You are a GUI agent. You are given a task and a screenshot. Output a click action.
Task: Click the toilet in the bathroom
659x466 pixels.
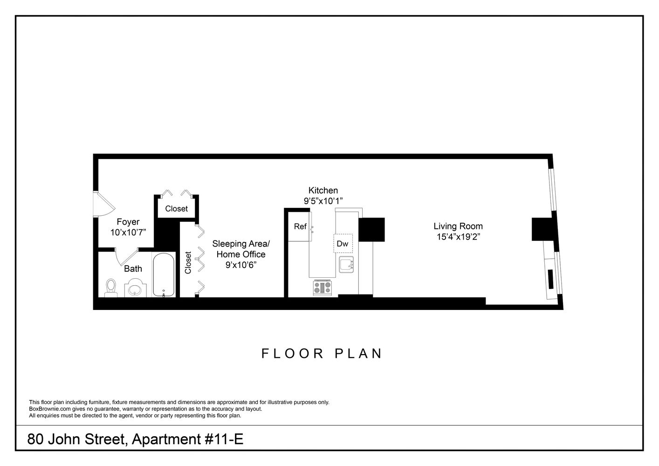coord(111,287)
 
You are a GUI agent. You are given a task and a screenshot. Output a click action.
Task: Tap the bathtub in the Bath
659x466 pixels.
coord(164,275)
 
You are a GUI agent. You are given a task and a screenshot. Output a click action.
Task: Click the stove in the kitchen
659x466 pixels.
coord(322,287)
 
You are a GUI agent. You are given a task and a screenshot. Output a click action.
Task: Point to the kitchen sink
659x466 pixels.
coord(346,264)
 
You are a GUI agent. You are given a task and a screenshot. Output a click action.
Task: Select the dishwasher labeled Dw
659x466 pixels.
coord(343,243)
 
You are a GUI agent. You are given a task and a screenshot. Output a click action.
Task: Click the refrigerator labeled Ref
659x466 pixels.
coord(300,227)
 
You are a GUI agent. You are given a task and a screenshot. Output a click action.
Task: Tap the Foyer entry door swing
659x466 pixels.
coord(104,204)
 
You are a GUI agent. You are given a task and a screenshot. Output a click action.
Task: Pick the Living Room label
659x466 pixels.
coord(458,226)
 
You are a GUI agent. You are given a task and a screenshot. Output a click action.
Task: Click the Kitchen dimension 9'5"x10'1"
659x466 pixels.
coord(323,201)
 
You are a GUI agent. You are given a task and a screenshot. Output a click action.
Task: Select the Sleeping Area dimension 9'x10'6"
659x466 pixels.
coord(240,265)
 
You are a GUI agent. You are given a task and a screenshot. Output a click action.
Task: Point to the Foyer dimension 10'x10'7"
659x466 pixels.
coord(128,232)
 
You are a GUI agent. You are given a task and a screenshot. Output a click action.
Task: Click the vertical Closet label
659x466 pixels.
coord(188,262)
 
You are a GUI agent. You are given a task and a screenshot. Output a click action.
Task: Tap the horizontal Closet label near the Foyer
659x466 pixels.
coord(176,209)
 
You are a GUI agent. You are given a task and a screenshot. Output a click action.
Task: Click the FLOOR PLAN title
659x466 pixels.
coord(322,353)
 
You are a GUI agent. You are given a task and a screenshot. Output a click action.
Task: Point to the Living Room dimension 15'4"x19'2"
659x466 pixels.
coord(458,237)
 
